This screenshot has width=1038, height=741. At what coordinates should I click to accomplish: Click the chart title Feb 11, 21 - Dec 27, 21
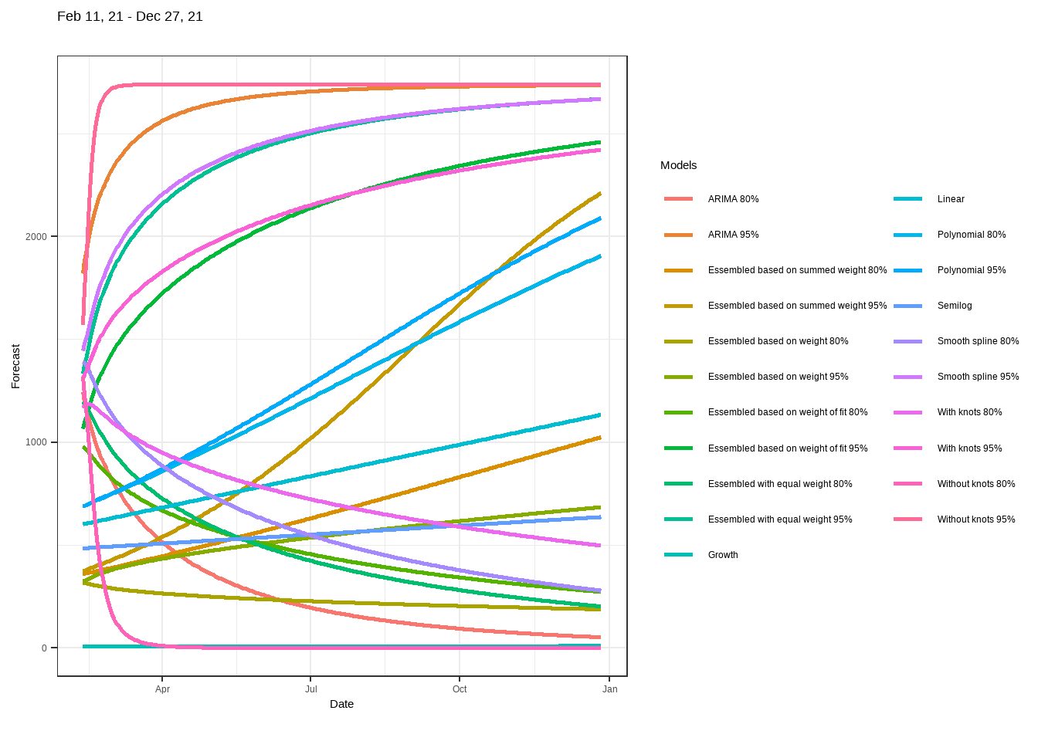(x=130, y=16)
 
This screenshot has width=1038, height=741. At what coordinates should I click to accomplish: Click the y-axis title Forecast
(x=15, y=366)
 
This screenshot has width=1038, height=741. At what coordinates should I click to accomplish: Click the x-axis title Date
(x=341, y=704)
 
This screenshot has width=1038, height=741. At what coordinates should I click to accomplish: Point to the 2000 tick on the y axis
(x=36, y=237)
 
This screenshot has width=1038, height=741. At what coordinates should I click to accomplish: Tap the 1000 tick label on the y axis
(x=36, y=442)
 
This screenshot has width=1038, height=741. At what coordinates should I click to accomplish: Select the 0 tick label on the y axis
(x=44, y=648)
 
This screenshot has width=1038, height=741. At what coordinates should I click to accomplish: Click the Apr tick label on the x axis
(x=162, y=689)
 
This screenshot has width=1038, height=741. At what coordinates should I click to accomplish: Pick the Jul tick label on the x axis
(x=310, y=689)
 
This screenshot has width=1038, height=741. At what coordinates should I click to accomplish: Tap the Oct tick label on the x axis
(x=460, y=689)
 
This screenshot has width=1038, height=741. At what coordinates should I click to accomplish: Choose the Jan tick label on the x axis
(x=610, y=689)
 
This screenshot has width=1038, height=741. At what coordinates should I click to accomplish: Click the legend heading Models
(x=678, y=165)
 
